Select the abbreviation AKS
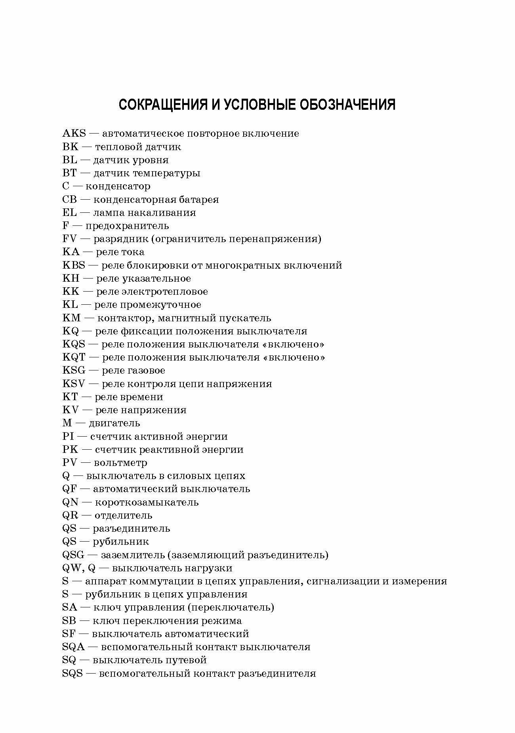(74, 134)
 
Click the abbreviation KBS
(74, 265)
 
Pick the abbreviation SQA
(74, 647)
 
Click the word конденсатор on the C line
(118, 186)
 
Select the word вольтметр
(120, 463)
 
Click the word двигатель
(114, 423)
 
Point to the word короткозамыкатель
(147, 502)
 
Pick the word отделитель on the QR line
(123, 515)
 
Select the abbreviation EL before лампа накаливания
(69, 213)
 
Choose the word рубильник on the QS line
(121, 542)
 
